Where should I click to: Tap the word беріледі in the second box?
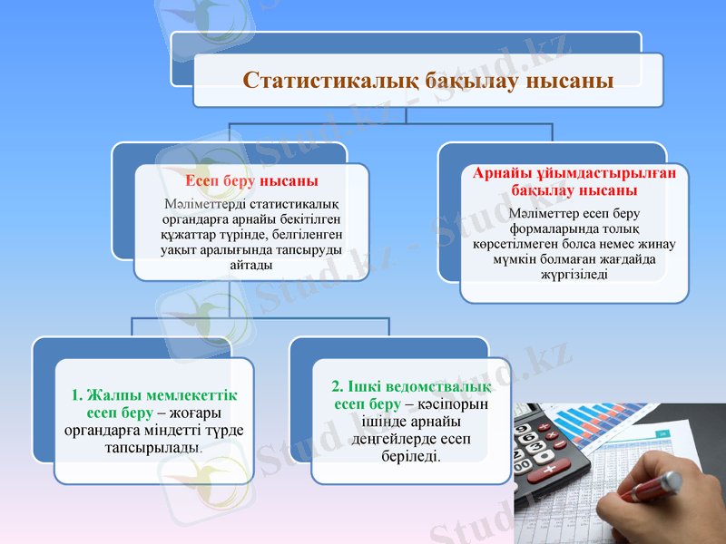tap(411, 456)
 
